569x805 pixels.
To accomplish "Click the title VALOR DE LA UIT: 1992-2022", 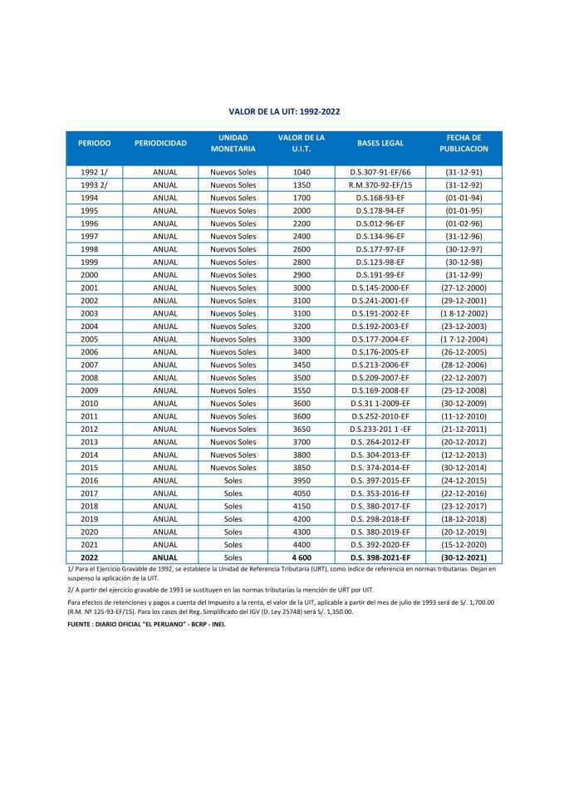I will (284, 110).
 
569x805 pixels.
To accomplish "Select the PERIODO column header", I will (95, 143).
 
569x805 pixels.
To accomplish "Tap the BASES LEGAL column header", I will (380, 143).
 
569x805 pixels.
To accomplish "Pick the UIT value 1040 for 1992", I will (302, 172).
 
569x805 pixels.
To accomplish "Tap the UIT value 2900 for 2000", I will (302, 275).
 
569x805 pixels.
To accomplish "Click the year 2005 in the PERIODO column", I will (90, 339).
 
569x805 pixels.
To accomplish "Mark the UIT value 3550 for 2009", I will (302, 390).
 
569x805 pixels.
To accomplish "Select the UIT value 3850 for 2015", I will (302, 468).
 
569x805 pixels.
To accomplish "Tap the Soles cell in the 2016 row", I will (233, 480).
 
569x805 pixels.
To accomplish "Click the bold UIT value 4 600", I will (302, 557).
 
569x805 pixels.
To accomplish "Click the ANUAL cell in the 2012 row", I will (165, 429).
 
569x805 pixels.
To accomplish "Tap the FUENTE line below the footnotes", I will (145, 622).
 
